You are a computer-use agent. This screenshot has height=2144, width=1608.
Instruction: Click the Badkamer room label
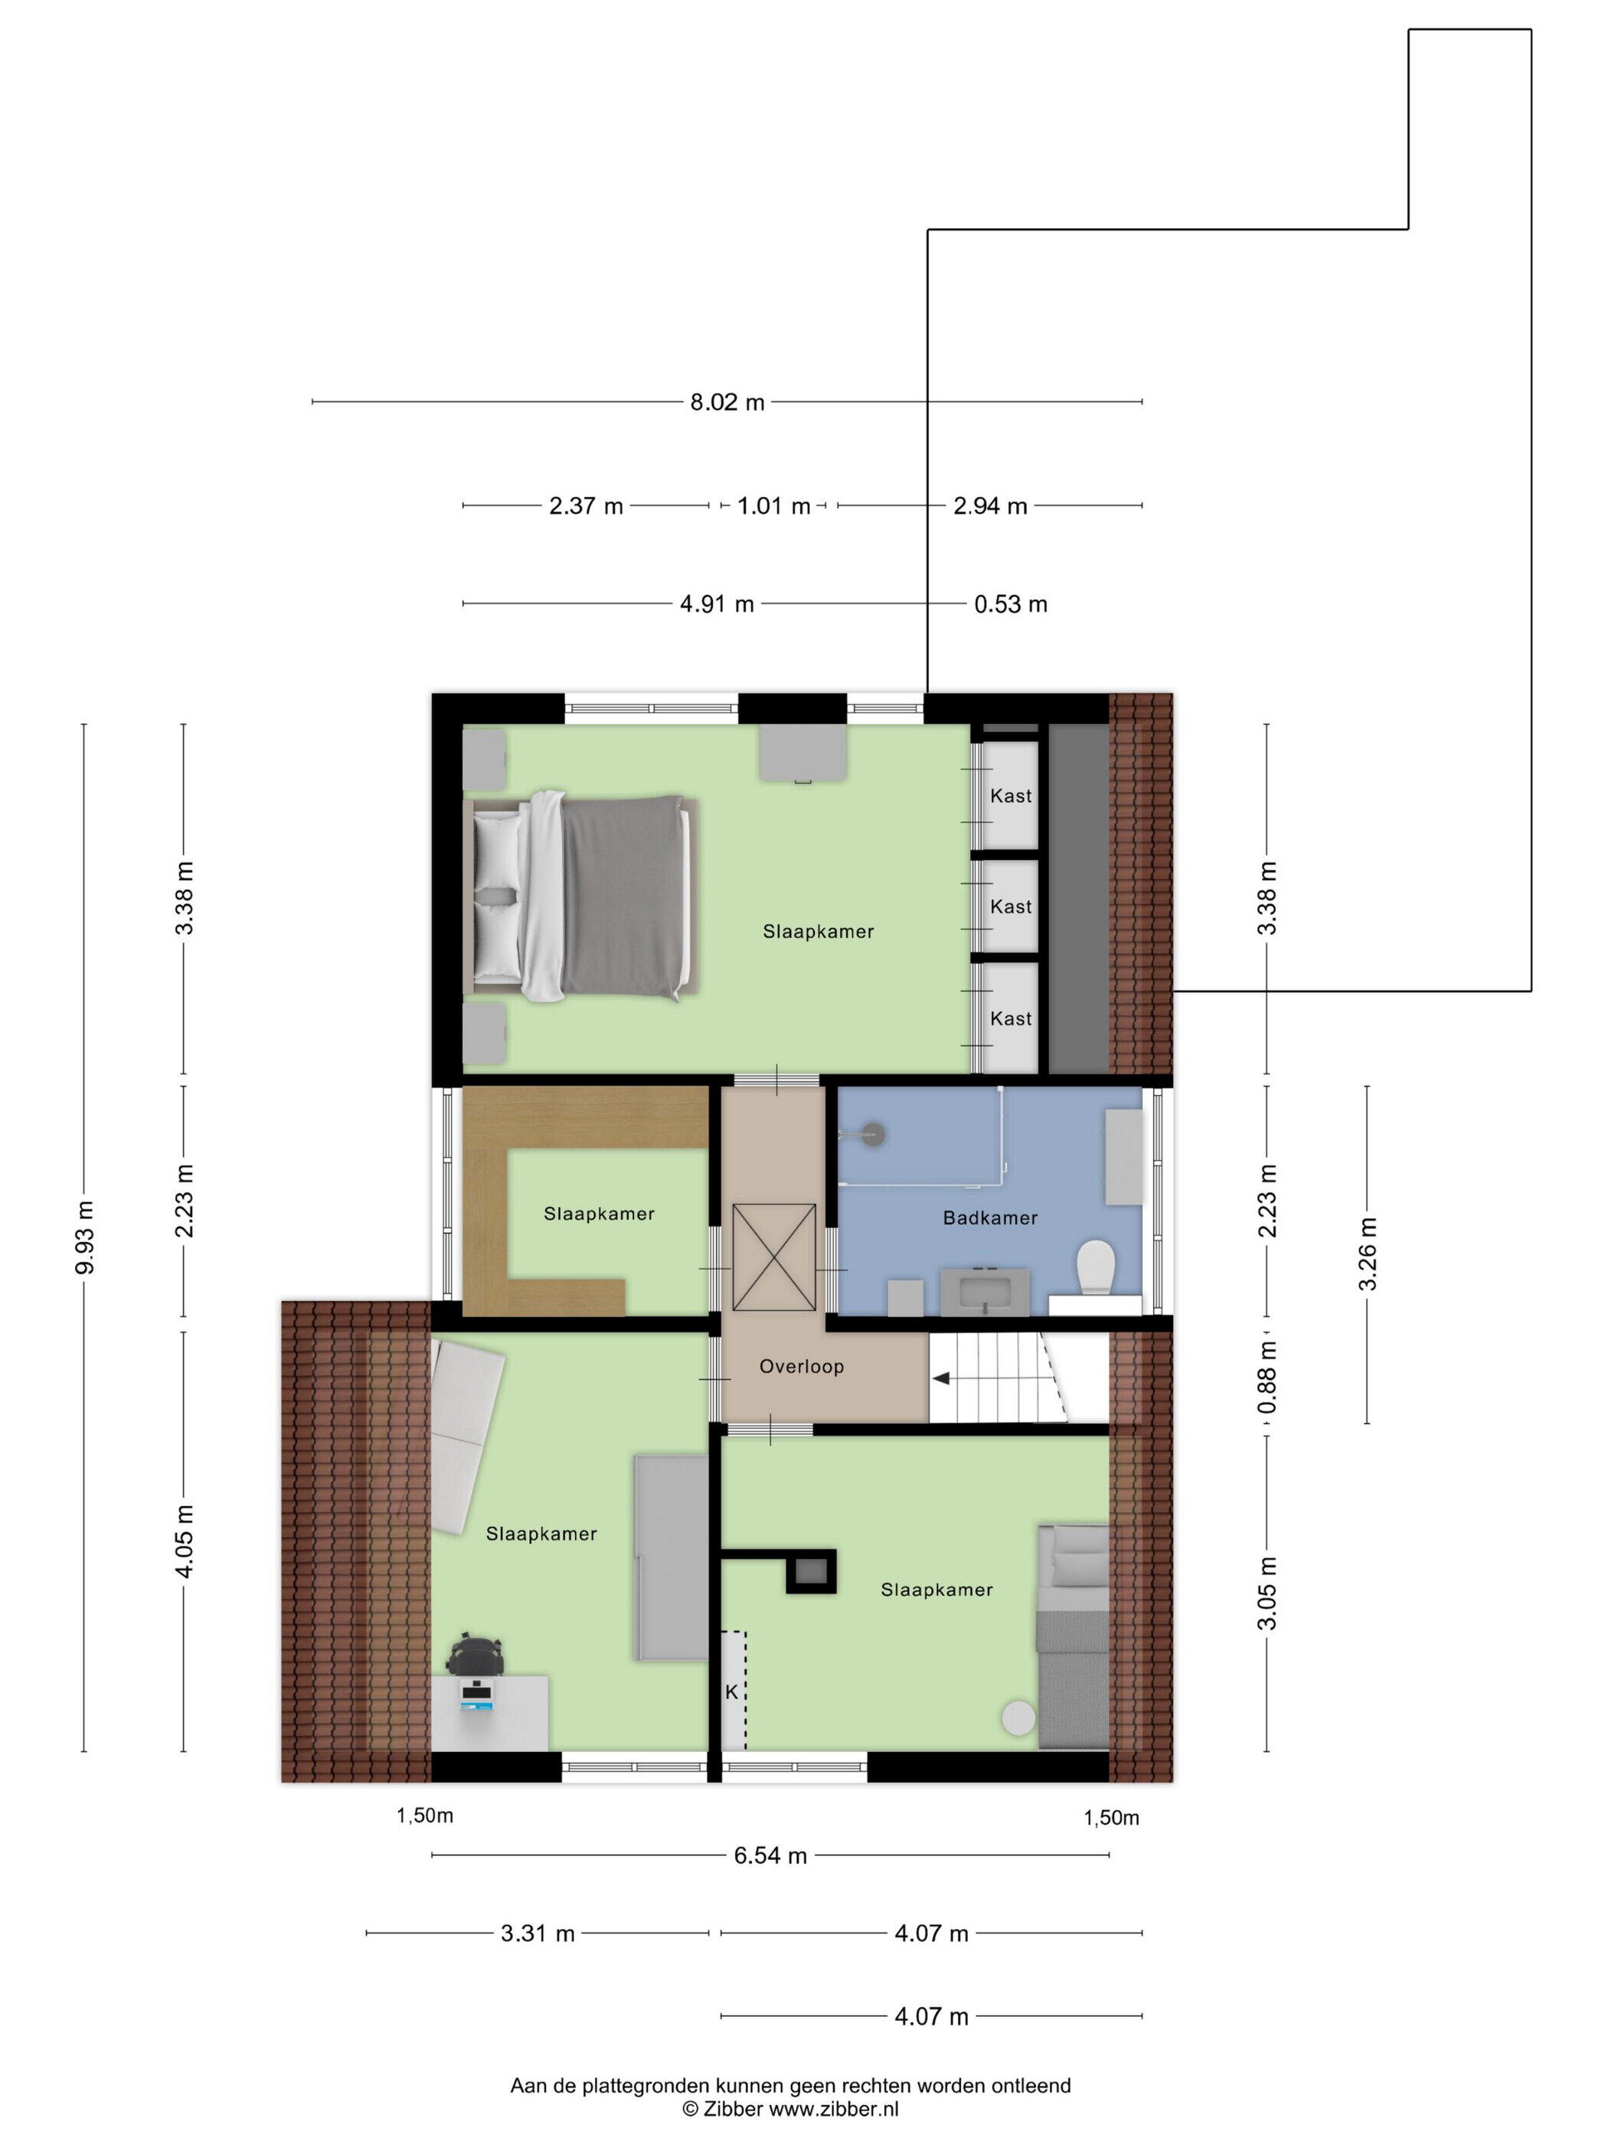(989, 1217)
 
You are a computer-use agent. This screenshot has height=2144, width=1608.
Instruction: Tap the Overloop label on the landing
(802, 1367)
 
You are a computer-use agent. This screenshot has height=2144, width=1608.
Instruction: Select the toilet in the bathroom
(1097, 1268)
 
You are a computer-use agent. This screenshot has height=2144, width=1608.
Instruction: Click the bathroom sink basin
(985, 1291)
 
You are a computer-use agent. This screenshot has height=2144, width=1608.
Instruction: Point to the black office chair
(476, 1655)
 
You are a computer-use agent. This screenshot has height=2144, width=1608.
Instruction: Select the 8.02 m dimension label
(727, 402)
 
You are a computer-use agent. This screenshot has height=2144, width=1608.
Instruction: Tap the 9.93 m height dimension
(84, 1237)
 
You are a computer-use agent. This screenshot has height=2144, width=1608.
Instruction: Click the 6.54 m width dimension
(770, 1856)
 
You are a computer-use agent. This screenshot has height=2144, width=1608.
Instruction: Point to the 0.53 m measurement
(1010, 605)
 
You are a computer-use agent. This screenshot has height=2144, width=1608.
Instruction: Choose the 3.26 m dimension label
(1368, 1254)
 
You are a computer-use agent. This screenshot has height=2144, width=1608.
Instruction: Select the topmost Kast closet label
(1011, 796)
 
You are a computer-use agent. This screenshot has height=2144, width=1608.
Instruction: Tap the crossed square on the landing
(773, 1257)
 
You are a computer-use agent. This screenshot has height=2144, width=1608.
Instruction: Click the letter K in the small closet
(732, 1692)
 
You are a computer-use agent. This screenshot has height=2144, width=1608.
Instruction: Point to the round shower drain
(874, 1133)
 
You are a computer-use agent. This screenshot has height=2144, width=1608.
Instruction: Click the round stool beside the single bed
(1018, 1717)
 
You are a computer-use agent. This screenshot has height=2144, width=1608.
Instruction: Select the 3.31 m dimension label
(538, 1933)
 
